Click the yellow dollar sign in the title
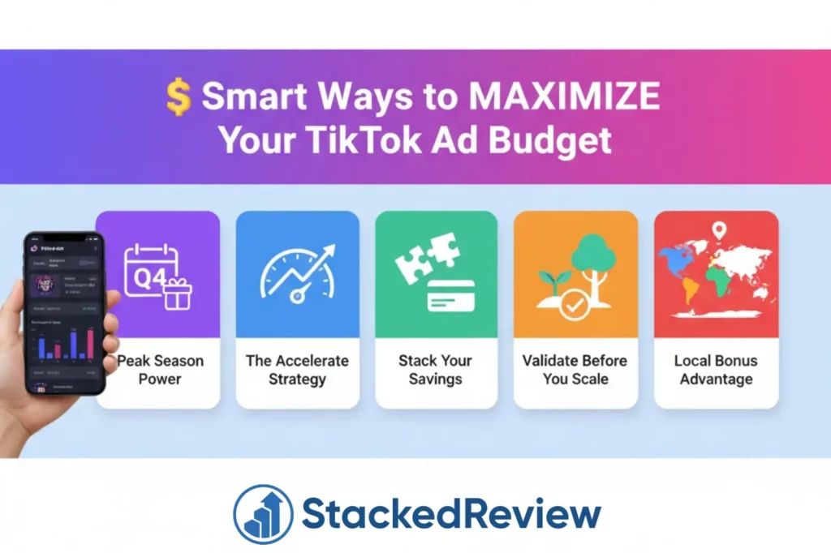click(x=178, y=97)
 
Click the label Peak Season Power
click(x=159, y=370)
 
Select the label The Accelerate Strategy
click(x=297, y=370)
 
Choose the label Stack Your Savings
click(x=436, y=370)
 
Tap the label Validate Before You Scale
click(x=575, y=370)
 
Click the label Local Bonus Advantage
click(x=716, y=370)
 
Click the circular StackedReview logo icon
click(x=263, y=514)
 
